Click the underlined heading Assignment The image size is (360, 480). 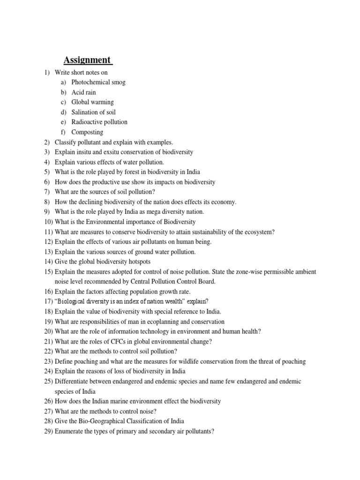[x=88, y=60]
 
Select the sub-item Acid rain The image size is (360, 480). [x=83, y=92]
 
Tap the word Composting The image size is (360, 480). [x=87, y=132]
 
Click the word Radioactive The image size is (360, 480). [x=86, y=122]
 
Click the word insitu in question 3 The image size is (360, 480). [x=87, y=152]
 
